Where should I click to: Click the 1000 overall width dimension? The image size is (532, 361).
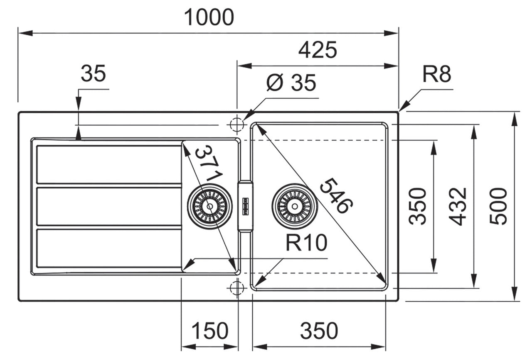click(x=209, y=17)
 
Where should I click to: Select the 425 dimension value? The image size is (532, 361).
click(x=318, y=51)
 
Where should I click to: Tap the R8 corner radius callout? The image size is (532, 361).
click(x=436, y=75)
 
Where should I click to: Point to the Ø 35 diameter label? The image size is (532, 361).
click(x=291, y=83)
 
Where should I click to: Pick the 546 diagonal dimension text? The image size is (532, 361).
click(x=337, y=195)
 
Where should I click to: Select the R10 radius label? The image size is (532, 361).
click(x=306, y=244)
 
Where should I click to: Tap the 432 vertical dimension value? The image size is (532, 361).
click(x=459, y=206)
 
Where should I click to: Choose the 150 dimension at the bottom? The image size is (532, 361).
click(x=210, y=331)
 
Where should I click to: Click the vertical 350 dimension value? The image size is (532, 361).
click(x=418, y=206)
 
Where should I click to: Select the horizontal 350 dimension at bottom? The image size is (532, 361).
click(x=319, y=331)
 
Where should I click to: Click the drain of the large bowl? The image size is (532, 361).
click(x=295, y=206)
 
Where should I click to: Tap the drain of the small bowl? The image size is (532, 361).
click(x=209, y=206)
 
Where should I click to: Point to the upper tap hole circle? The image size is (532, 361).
click(x=236, y=124)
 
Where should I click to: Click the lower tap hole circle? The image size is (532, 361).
click(x=236, y=288)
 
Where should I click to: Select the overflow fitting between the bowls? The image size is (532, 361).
click(x=245, y=206)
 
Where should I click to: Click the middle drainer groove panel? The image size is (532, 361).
click(x=109, y=206)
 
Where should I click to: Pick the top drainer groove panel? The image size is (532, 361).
click(x=109, y=164)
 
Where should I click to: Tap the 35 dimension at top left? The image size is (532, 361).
click(x=94, y=74)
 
